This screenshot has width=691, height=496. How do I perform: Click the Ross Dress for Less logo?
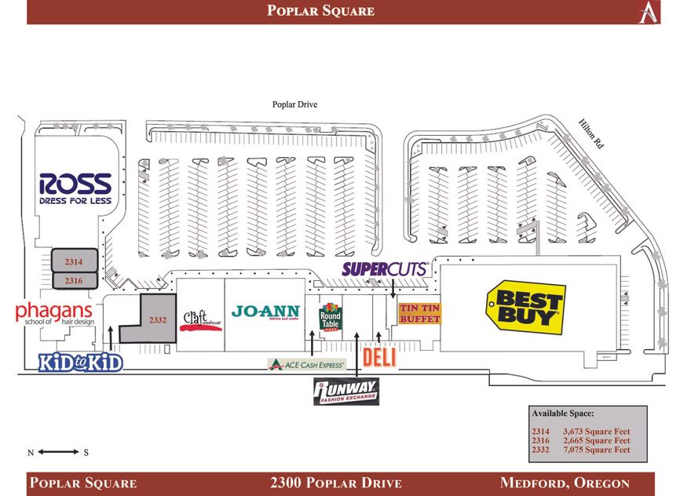pyautogui.click(x=75, y=189)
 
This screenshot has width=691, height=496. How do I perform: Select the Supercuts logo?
pyautogui.click(x=384, y=268)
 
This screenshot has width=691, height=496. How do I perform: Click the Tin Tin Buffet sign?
pyautogui.click(x=419, y=313)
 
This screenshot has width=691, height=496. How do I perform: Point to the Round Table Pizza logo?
pyautogui.click(x=331, y=316)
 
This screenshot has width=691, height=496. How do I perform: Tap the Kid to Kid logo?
pyautogui.click(x=80, y=363)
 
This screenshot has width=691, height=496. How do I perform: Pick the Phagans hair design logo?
pyautogui.click(x=54, y=313)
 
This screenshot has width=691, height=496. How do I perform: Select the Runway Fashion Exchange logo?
pyautogui.click(x=346, y=391)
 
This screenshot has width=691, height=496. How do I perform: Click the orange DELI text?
pyautogui.click(x=378, y=359)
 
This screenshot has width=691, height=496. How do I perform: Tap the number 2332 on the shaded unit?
pyautogui.click(x=158, y=319)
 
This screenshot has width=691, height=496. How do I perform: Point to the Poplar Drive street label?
pyautogui.click(x=294, y=104)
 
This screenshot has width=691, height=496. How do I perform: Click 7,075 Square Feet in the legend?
pyautogui.click(x=597, y=450)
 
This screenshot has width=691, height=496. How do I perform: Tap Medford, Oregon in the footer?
pyautogui.click(x=565, y=483)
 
